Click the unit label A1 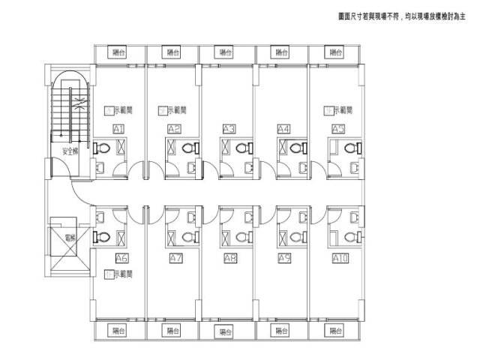click(118, 129)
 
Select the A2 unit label click(174, 129)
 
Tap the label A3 click(229, 129)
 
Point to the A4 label click(283, 129)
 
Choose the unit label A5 click(339, 129)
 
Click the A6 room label click(121, 258)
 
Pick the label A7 click(177, 258)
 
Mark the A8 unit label click(231, 258)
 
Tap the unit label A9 click(284, 258)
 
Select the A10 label click(340, 258)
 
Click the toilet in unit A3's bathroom click(241, 149)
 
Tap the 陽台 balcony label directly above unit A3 click(226, 52)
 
